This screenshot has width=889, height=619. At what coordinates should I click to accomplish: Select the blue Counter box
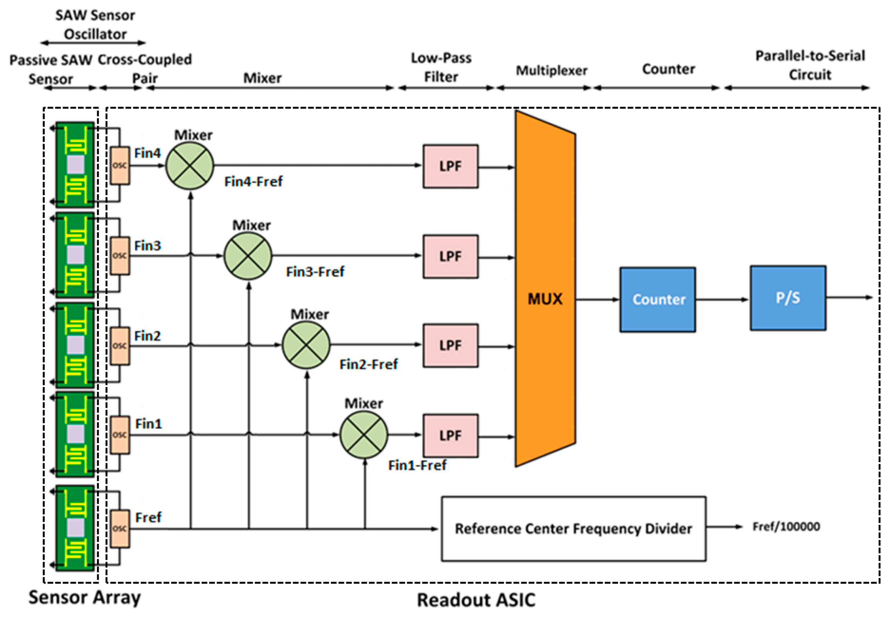point(658,300)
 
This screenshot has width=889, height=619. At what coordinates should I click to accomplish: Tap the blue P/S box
point(788,298)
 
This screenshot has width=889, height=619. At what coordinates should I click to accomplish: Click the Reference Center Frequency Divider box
point(573,529)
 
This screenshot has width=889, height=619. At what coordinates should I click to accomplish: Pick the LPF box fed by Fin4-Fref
point(450,166)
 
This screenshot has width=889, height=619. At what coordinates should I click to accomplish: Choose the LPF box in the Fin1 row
point(450,435)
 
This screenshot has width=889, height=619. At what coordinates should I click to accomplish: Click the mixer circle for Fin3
point(248,256)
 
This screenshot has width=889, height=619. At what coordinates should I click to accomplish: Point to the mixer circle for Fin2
point(306,345)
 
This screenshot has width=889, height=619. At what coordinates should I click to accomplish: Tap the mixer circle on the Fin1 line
point(364,435)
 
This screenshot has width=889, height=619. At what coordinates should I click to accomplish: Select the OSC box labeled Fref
point(120,529)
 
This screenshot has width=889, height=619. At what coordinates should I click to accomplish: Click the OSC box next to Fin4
point(120,165)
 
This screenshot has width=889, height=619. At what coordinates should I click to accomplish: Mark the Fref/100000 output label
point(786,527)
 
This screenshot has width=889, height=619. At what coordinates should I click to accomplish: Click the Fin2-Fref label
point(368,365)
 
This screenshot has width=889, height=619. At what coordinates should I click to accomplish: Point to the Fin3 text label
point(147,246)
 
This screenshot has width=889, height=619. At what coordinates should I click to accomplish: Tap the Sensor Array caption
point(84,597)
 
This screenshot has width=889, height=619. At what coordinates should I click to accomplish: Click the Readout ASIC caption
point(476,600)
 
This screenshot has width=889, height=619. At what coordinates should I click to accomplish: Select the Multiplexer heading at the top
point(552,71)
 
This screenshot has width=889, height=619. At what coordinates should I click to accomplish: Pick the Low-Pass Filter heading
point(441,67)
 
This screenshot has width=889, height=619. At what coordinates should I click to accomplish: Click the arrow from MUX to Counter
point(597,300)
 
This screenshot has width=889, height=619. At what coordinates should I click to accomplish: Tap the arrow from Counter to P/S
point(723,300)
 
